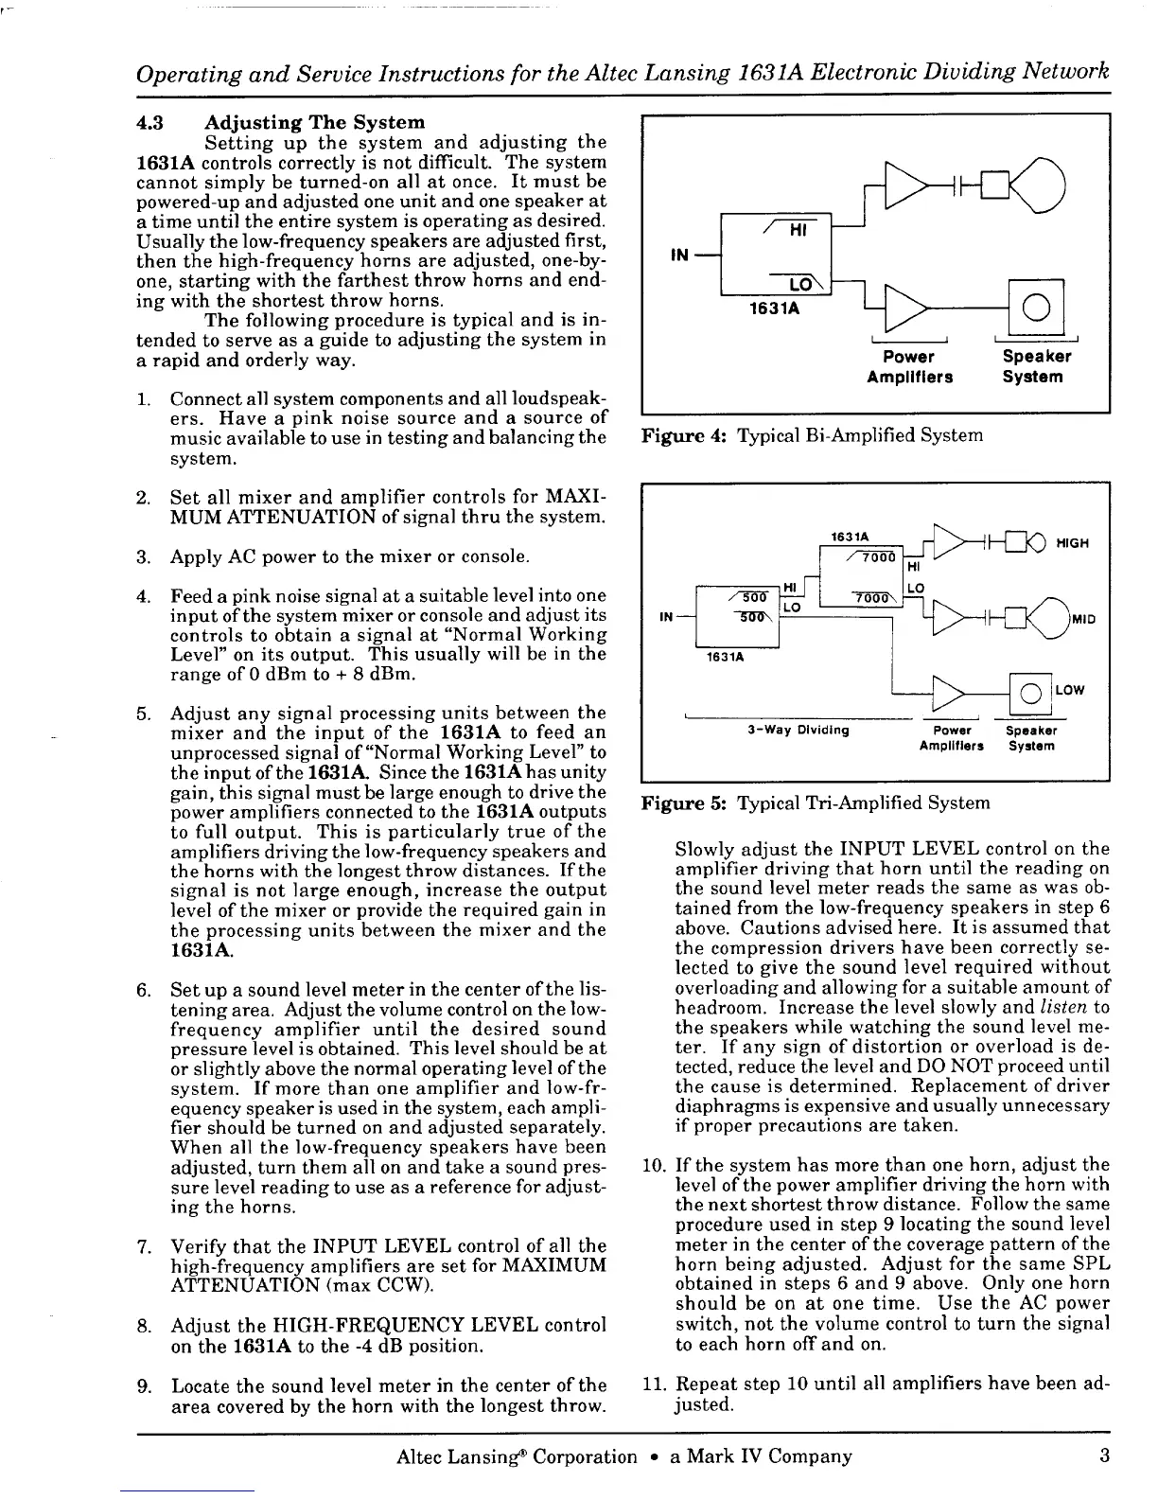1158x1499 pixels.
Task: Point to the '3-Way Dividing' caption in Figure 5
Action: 798,730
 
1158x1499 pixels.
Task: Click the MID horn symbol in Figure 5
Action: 1044,618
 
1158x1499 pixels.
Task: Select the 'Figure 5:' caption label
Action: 684,803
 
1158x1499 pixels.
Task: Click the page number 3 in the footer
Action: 1104,1455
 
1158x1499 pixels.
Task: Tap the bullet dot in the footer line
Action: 654,1456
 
